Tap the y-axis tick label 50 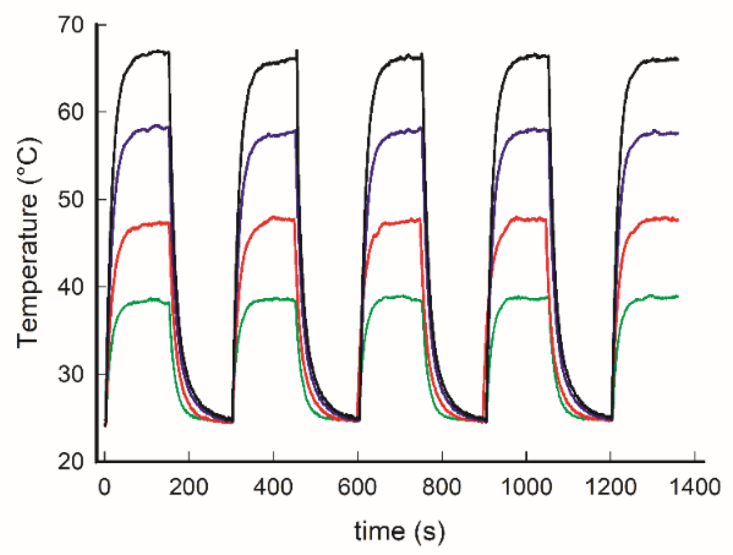point(71,199)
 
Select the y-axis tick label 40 point(71,287)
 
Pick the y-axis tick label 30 point(71,374)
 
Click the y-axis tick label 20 point(71,461)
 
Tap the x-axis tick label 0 point(105,488)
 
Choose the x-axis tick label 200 point(189,488)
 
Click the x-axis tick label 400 point(273,488)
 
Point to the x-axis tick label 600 point(357,488)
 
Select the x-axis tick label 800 point(442,488)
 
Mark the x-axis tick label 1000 point(526,488)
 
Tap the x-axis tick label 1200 point(610,488)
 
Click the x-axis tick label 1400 point(694,488)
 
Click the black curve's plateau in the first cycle point(150,53)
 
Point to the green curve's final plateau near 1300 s point(653,297)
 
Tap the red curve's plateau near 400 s point(277,218)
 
